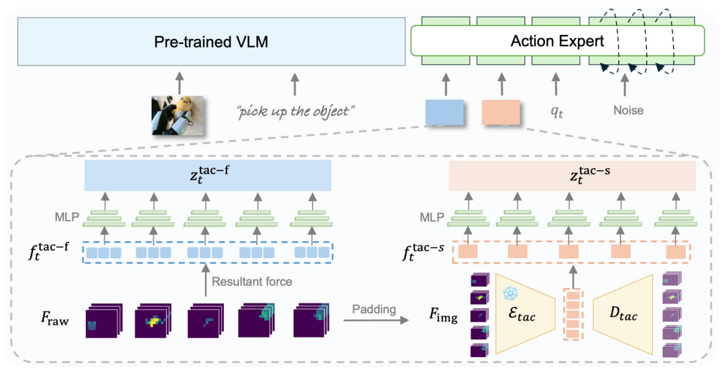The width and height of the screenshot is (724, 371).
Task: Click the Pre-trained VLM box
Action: tap(211, 42)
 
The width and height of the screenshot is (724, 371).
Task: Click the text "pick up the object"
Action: tap(295, 110)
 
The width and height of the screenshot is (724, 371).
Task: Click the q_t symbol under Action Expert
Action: tap(557, 112)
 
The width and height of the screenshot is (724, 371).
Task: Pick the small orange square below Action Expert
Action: tap(501, 112)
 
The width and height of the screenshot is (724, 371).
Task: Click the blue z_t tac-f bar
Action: tap(208, 176)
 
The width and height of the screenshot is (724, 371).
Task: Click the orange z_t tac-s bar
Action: tap(580, 176)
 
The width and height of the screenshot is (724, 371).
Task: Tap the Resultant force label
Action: tap(252, 281)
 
